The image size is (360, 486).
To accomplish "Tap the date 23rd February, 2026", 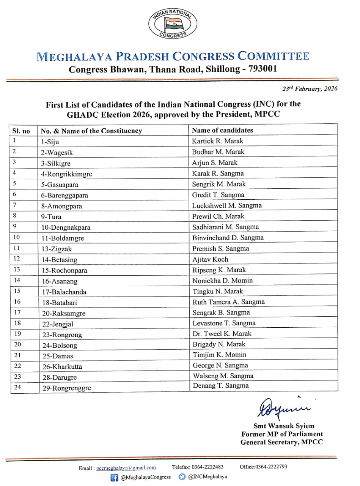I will point(310,89).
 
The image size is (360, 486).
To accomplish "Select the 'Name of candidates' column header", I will point(222,130).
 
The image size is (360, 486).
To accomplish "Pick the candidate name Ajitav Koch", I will point(210,259).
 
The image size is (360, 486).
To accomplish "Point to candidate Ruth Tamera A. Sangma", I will point(228,302).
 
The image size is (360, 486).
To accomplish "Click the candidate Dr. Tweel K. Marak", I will point(222,334).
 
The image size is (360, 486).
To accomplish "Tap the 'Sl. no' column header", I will point(21,131).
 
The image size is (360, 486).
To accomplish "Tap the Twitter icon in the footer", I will point(182,477).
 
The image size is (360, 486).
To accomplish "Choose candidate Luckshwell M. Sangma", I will point(227,205).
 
